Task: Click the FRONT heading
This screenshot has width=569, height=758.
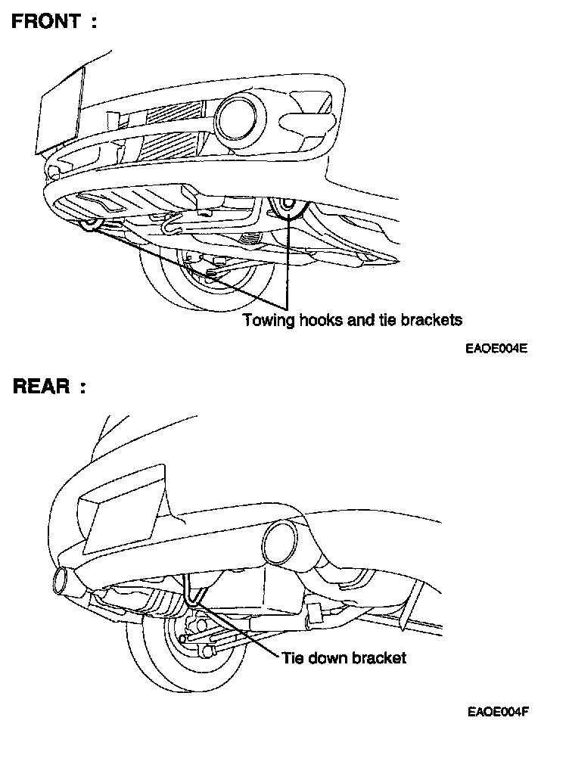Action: (47, 21)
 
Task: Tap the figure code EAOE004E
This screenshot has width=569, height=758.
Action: (496, 349)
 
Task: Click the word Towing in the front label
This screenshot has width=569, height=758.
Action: (265, 320)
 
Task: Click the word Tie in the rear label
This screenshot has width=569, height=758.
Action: (292, 657)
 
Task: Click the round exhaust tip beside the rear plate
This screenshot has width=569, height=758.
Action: (281, 542)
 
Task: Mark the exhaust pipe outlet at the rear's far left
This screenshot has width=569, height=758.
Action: (62, 583)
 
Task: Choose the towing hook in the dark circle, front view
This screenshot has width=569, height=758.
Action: (288, 206)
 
